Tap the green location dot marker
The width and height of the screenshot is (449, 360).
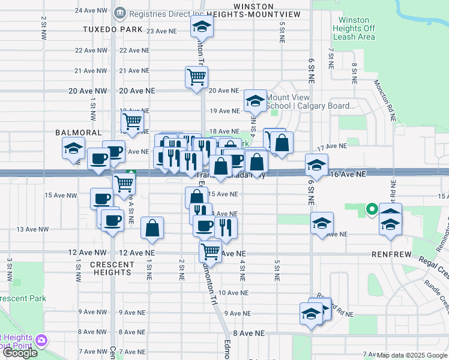tap(372, 209)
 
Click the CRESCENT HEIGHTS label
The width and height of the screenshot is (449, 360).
tap(112, 268)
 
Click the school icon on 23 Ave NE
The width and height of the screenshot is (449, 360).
tap(202, 26)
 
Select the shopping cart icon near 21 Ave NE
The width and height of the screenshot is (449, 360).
tap(196, 77)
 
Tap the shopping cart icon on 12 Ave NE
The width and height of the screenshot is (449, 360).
tap(210, 250)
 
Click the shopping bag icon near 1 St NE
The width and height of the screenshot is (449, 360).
tap(152, 228)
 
